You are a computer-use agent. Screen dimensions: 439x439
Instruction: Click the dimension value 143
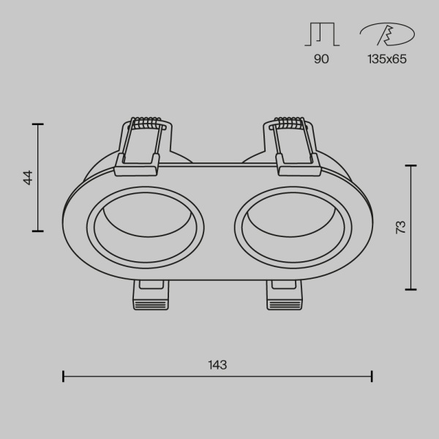pyautogui.click(x=217, y=364)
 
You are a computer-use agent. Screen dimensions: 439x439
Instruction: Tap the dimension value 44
pyautogui.click(x=28, y=177)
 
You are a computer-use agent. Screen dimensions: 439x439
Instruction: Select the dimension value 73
pyautogui.click(x=399, y=227)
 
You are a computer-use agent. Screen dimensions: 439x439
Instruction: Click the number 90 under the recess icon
pyautogui.click(x=321, y=59)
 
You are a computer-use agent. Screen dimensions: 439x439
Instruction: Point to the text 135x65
pyautogui.click(x=386, y=59)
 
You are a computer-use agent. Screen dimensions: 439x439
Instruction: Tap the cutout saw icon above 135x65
pyautogui.click(x=386, y=35)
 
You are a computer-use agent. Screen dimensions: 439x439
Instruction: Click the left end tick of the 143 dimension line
pyautogui.click(x=64, y=376)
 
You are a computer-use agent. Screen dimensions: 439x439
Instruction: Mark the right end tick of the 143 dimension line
pyautogui.click(x=372, y=376)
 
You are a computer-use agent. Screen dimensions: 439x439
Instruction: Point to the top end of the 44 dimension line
pyautogui.click(x=37, y=124)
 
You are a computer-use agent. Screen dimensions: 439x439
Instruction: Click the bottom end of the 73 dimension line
pyautogui.click(x=411, y=288)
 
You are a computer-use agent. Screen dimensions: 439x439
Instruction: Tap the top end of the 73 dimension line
pyautogui.click(x=411, y=166)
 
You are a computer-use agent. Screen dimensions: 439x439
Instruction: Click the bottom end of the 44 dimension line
pyautogui.click(x=37, y=230)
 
